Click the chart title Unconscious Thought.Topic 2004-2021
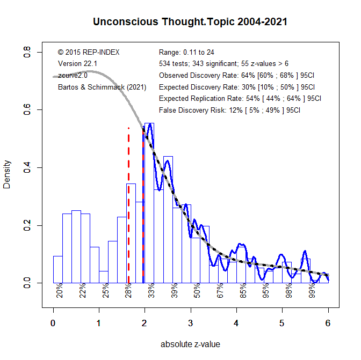pos(190,22)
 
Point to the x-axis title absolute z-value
pos(190,344)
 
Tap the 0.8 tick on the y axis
pos(26,53)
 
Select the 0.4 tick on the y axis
pos(26,167)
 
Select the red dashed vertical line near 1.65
pos(129,204)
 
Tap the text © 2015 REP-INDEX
pos(89,53)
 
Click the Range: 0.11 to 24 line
pos(187,53)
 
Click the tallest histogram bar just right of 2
pos(149,204)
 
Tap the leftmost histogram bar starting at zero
pos(57,268)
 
